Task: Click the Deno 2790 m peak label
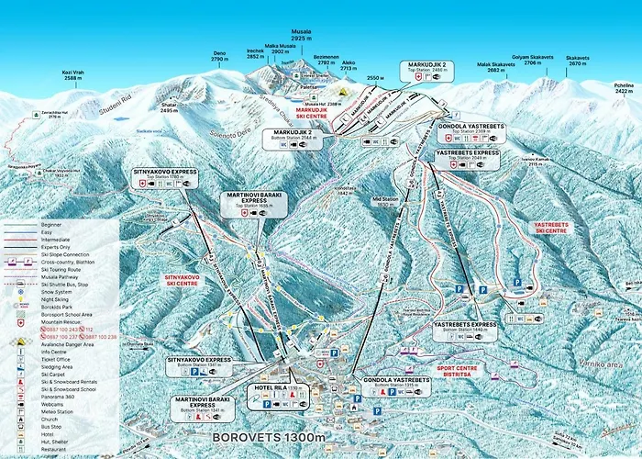point(219,56)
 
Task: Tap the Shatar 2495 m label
point(169,108)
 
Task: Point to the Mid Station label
point(385,202)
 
